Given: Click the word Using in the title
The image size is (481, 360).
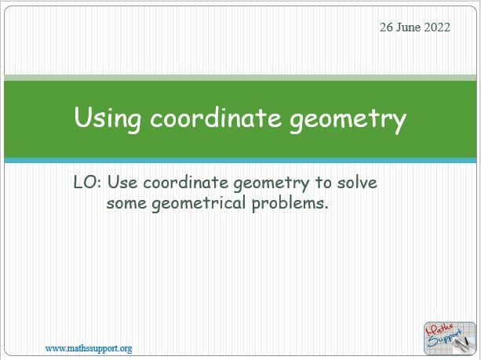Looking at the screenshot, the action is pyautogui.click(x=107, y=119).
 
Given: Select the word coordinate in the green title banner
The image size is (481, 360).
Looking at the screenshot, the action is pyautogui.click(x=216, y=118).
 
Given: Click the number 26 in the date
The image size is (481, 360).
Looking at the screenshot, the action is pyautogui.click(x=386, y=27).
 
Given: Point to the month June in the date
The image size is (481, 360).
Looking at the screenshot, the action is pyautogui.click(x=408, y=27).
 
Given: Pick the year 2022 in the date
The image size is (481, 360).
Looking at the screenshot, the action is pyautogui.click(x=437, y=27).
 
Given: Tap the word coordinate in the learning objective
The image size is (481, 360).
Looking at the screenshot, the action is pyautogui.click(x=186, y=183).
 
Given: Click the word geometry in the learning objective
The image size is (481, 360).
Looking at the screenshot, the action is pyautogui.click(x=271, y=184).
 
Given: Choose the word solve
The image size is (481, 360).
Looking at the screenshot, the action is pyautogui.click(x=357, y=183).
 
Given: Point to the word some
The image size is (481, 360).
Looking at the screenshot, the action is pyautogui.click(x=126, y=203).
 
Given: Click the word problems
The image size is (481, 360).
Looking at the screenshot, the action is pyautogui.click(x=290, y=204).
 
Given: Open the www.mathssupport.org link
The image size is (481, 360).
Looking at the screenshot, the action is pyautogui.click(x=89, y=349).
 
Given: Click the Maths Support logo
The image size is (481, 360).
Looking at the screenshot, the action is pyautogui.click(x=450, y=338).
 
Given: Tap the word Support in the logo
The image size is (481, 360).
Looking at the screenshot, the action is pyautogui.click(x=445, y=339).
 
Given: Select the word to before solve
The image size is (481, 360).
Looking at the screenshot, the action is pyautogui.click(x=323, y=183).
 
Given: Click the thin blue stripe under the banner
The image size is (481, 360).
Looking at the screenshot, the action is pyautogui.click(x=240, y=160).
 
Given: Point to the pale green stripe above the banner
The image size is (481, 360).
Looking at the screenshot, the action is pyautogui.click(x=240, y=78).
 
